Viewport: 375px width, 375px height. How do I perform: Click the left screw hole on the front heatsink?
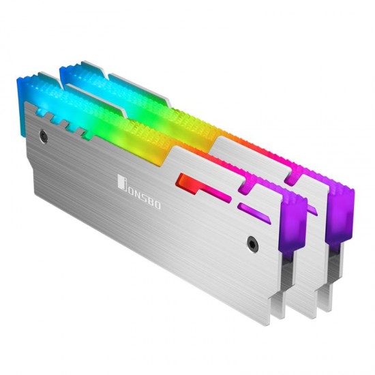[44, 135]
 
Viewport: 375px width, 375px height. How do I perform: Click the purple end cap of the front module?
[293, 218]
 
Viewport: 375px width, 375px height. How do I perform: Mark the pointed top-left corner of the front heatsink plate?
[27, 104]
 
